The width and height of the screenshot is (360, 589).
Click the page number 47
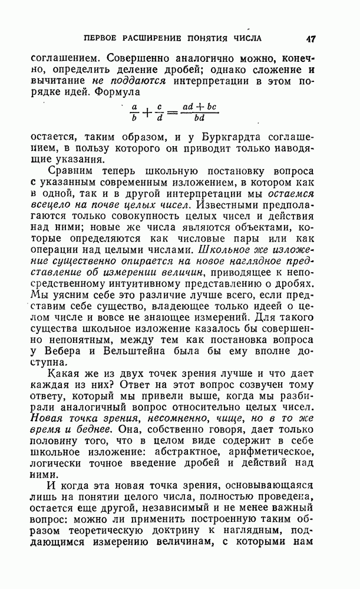click(311, 39)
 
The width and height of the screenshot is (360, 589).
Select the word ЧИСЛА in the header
click(246, 39)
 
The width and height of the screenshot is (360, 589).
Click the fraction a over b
click(134, 112)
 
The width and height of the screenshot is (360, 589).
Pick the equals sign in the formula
click(173, 112)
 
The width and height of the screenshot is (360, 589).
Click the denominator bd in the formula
click(197, 118)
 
